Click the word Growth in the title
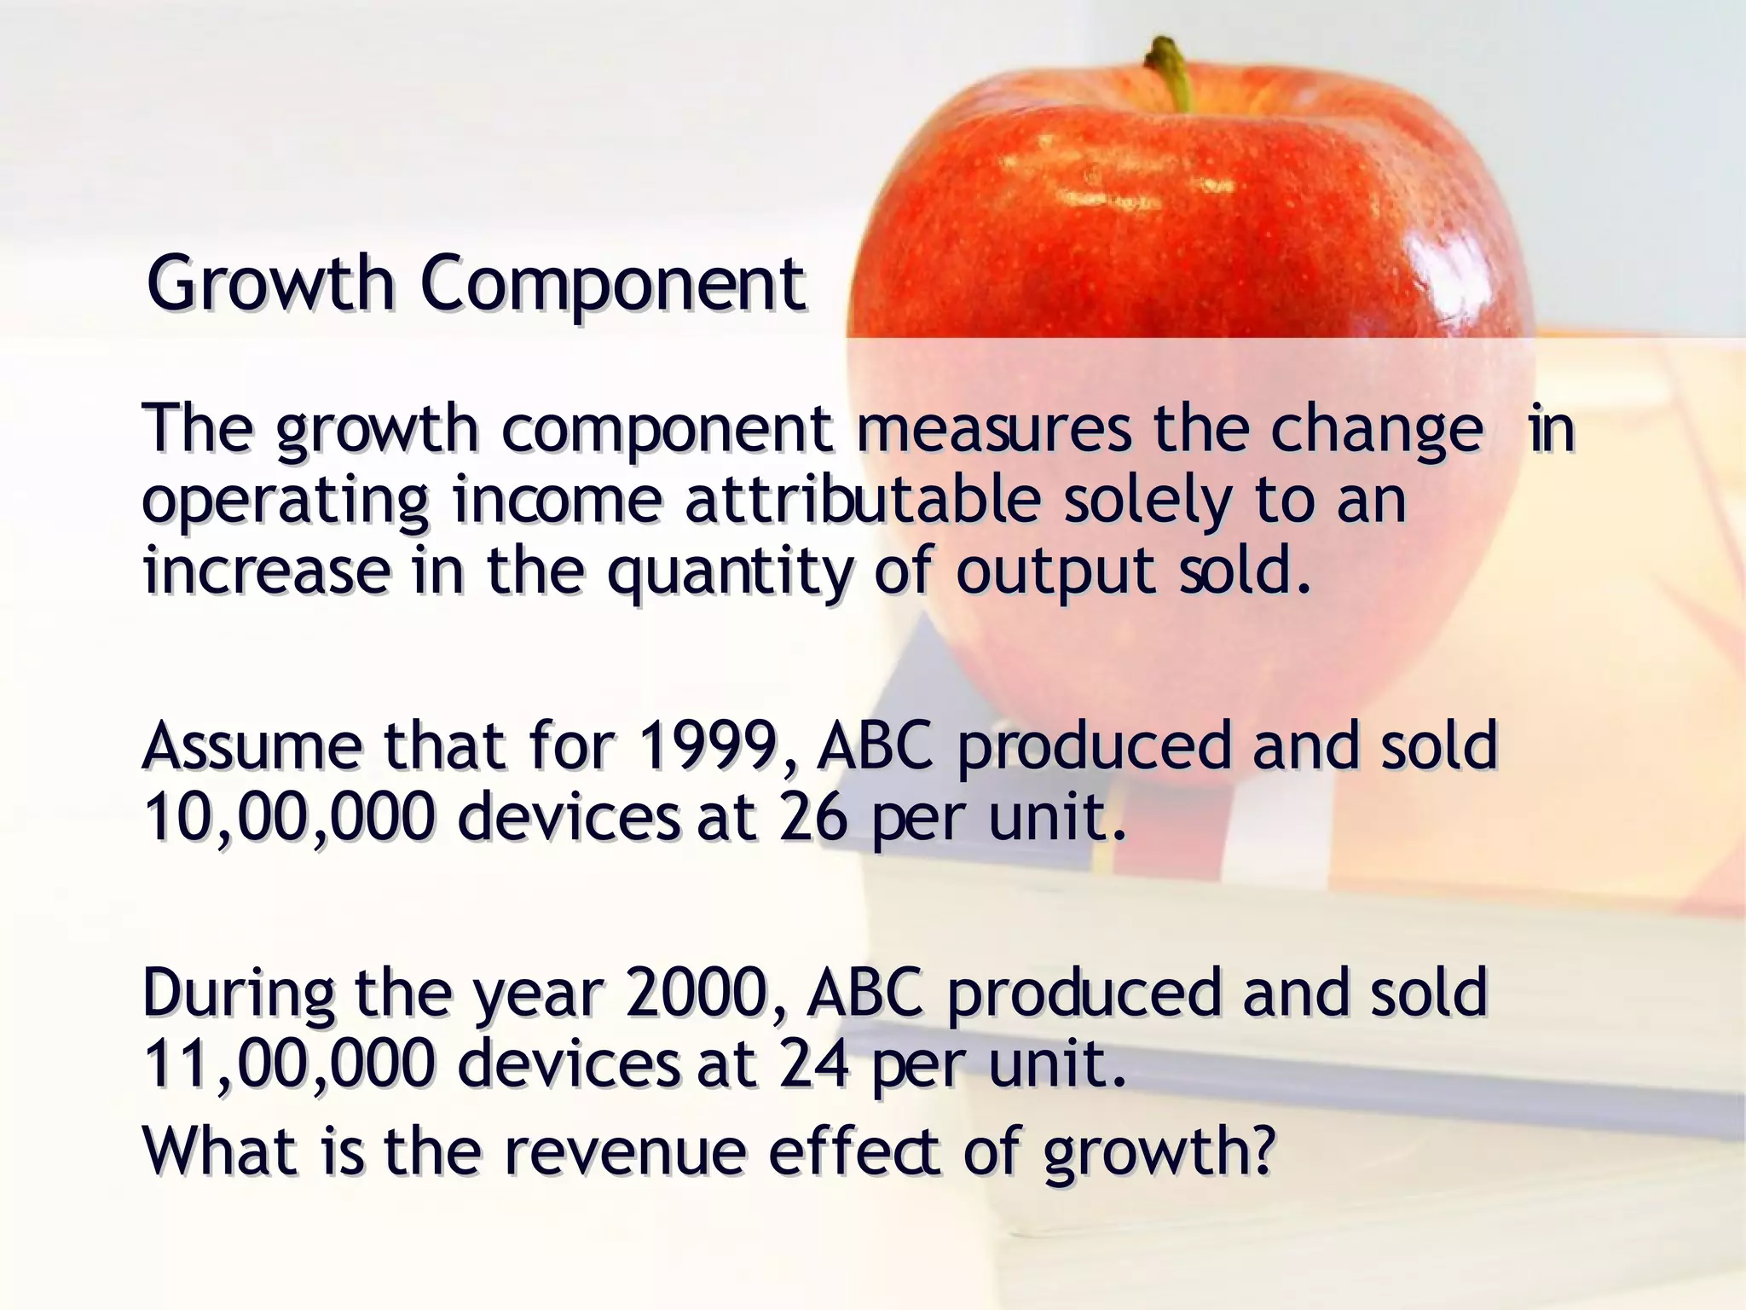(269, 285)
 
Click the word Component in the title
(612, 285)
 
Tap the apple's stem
(1171, 72)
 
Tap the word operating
(285, 503)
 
